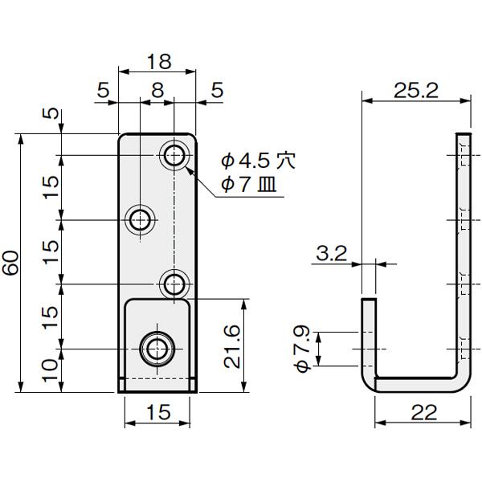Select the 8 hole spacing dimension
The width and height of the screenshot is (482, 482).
[157, 91]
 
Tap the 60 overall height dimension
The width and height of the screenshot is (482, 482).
[11, 263]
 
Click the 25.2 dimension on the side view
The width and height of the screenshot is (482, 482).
[415, 91]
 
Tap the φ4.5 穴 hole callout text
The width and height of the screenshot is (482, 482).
[257, 161]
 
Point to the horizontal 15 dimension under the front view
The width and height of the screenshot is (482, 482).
[158, 413]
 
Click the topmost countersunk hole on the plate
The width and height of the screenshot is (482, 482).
[174, 155]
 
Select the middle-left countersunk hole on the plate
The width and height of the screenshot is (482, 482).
[141, 219]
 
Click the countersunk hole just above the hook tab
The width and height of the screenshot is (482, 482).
[174, 284]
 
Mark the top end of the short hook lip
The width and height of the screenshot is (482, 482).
[368, 301]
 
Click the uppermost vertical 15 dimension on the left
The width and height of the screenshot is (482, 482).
[50, 186]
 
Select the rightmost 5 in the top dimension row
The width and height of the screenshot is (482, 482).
[216, 91]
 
